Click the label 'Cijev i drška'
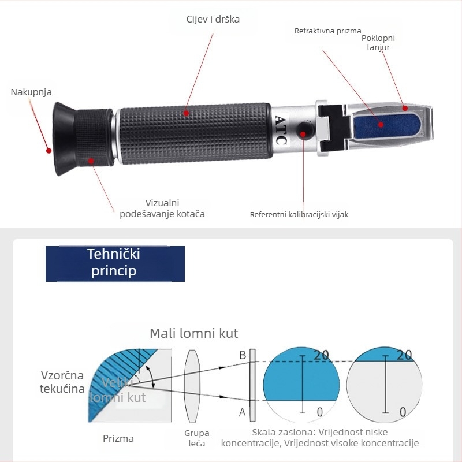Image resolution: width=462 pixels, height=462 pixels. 213,19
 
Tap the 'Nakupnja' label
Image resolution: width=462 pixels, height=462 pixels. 31,92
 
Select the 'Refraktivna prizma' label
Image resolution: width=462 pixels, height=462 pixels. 327,31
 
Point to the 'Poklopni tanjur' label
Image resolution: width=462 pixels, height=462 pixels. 378,43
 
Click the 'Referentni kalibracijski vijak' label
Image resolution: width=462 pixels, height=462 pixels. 299,215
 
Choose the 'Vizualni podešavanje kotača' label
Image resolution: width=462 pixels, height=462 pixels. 162,208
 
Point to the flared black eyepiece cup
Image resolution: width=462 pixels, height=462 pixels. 61,139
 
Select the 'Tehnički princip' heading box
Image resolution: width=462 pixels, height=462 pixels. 115,263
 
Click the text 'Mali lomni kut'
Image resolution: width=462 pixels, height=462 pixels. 193,333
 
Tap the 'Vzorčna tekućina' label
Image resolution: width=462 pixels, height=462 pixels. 62,381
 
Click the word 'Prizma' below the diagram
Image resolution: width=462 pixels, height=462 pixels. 118,438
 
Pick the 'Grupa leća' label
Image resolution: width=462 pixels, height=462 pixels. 197,438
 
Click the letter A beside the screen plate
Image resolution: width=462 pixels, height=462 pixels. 243,412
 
